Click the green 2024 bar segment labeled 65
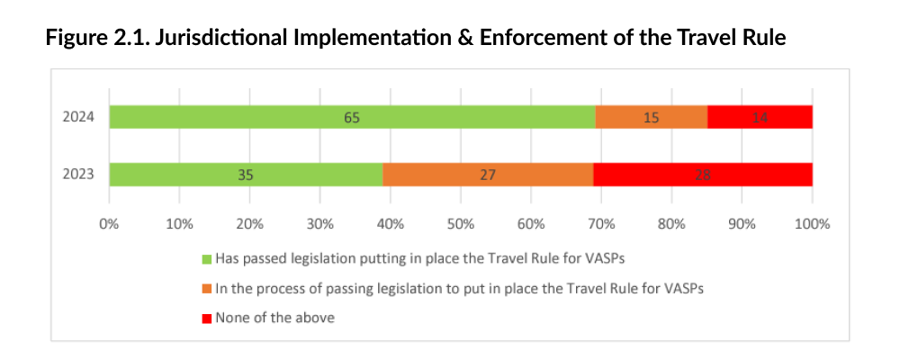[352, 117]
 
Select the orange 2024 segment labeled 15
[651, 117]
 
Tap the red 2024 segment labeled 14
[760, 117]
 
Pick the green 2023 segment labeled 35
[246, 175]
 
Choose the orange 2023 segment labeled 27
[488, 175]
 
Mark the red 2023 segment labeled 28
[703, 175]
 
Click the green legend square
[206, 259]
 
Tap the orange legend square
[206, 288]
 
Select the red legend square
[206, 318]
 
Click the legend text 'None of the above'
[274, 318]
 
